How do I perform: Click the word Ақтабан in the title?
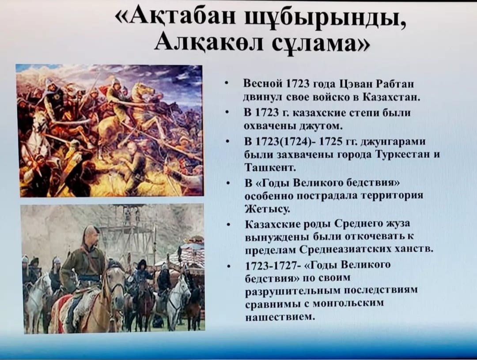coord(182,19)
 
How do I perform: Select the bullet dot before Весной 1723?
coord(226,83)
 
